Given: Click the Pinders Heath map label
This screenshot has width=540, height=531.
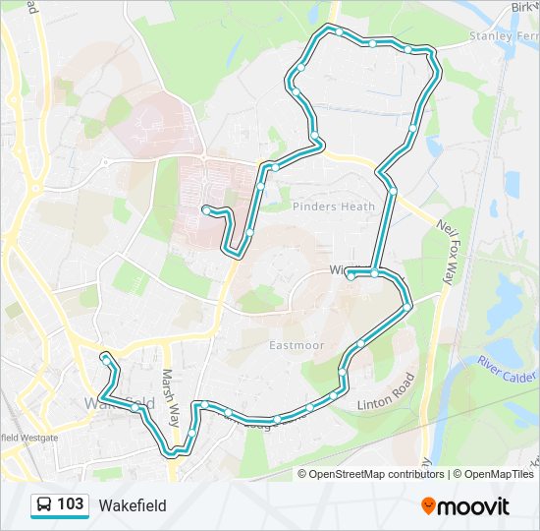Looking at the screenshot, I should (x=334, y=206).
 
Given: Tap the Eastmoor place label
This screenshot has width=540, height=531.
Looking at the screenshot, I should (x=296, y=345).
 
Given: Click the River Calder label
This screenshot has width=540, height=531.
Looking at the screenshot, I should (x=507, y=371).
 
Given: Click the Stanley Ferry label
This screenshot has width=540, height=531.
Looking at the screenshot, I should (x=504, y=35).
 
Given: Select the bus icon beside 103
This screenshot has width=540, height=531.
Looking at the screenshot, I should (x=44, y=505).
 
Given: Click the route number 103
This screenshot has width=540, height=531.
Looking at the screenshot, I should (x=71, y=505).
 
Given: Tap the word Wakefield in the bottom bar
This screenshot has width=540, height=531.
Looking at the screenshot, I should (x=133, y=506).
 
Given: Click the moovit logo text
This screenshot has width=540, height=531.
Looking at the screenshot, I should (x=474, y=506).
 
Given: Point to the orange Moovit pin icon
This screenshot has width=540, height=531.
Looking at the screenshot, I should (x=429, y=506).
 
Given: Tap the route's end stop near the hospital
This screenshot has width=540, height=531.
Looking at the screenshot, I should (x=205, y=208).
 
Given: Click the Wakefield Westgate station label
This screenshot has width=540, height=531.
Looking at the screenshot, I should (x=29, y=437).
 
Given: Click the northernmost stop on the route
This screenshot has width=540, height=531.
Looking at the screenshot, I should (x=339, y=31).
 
